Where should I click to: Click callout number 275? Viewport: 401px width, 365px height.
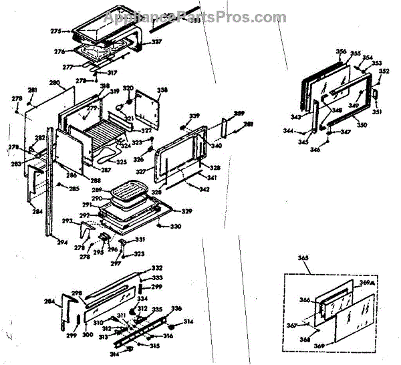(55, 31)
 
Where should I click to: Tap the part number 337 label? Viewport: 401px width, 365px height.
(156, 42)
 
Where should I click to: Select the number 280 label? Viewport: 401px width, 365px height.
(55, 83)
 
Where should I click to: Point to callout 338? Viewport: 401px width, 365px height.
(162, 90)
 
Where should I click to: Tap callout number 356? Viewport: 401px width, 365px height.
(342, 51)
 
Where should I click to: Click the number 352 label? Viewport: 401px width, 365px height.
(384, 71)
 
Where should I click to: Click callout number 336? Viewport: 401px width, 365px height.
(176, 308)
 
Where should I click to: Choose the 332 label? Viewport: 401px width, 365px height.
(156, 267)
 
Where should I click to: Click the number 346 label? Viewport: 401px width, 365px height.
(314, 150)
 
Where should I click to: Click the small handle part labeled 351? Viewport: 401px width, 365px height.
(376, 97)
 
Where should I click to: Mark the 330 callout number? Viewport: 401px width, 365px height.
(175, 227)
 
